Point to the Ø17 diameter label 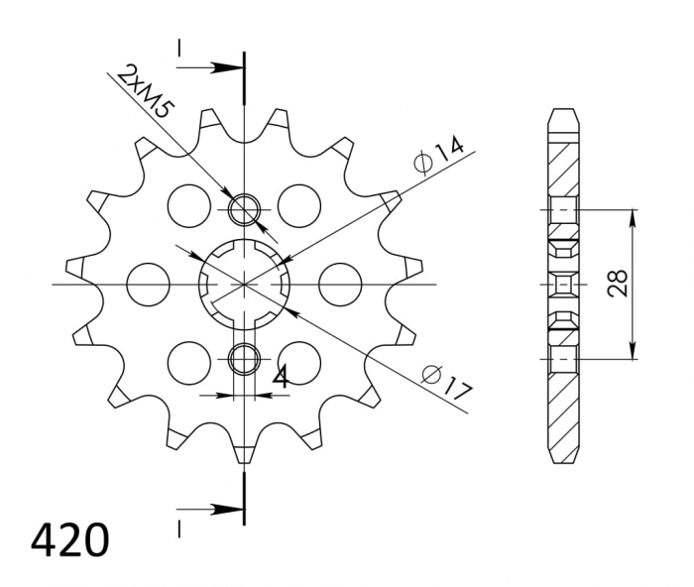[x=444, y=383]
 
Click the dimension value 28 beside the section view [x=618, y=285]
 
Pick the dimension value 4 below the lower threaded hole [x=281, y=377]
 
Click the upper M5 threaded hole [x=243, y=209]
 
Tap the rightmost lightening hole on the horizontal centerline [x=338, y=284]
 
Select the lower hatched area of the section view [x=562, y=407]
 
